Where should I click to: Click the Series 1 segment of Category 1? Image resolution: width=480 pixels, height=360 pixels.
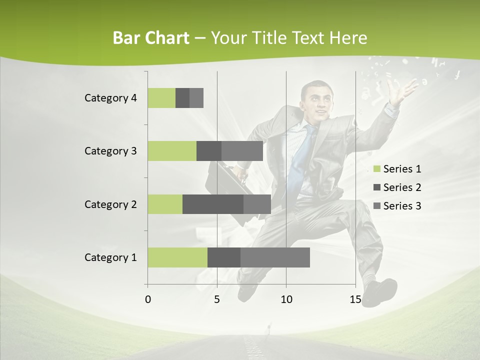pos(177,257)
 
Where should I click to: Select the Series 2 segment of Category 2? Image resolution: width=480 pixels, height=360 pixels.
pos(213,204)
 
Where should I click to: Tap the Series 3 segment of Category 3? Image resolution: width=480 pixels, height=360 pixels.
pos(242,151)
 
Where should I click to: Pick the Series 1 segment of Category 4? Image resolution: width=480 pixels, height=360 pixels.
pos(161,98)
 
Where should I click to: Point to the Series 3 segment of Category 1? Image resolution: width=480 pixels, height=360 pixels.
pos(275,257)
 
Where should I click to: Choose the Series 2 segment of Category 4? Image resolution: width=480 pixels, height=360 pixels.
pos(182,98)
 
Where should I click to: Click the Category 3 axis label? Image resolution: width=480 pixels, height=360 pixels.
pos(110,151)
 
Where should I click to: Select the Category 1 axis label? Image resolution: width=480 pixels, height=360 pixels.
pos(110,257)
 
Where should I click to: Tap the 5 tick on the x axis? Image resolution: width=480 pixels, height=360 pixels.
pos(217,299)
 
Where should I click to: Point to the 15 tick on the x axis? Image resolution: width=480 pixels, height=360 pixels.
pos(355,299)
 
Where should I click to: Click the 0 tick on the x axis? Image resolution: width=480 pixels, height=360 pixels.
pos(148,299)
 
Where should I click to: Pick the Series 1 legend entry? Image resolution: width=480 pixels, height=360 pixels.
pos(397,169)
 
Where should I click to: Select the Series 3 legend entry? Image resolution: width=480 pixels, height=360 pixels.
pos(397,206)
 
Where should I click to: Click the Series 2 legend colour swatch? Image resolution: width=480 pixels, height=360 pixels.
pos(376,187)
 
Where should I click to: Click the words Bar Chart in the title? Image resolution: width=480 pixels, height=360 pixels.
pos(151,38)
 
